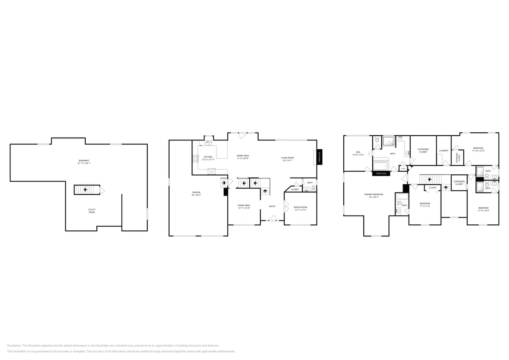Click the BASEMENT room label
[x=84, y=160]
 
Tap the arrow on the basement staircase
[x=85, y=190]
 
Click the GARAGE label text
[x=196, y=192]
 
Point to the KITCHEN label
[x=208, y=157]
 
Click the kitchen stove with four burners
[x=195, y=158]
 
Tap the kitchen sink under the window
[x=208, y=143]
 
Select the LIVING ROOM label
[x=287, y=158]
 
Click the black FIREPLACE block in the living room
[x=319, y=157]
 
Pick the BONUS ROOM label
[x=300, y=207]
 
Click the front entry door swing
[x=272, y=218]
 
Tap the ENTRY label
[x=272, y=206]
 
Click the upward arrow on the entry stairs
[x=265, y=192]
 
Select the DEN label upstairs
[x=358, y=152]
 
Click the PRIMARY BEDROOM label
[x=373, y=194]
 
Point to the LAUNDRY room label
[x=443, y=151]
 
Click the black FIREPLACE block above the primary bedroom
[x=381, y=174]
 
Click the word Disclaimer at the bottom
[x=14, y=346]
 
